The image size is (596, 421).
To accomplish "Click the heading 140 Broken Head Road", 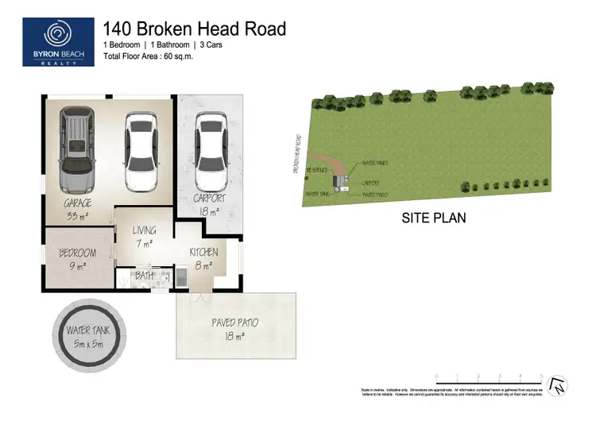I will pyautogui.click(x=194, y=30).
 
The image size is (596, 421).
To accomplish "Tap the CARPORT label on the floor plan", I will pyautogui.click(x=209, y=198).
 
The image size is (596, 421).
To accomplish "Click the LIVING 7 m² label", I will pyautogui.click(x=144, y=235).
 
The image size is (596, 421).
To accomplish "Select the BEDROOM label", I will pyautogui.click(x=78, y=253).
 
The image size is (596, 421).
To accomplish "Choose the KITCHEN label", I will pyautogui.click(x=203, y=253).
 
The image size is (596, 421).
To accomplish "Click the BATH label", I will pyautogui.click(x=144, y=276).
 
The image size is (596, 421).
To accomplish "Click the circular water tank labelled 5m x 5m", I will pyautogui.click(x=87, y=334).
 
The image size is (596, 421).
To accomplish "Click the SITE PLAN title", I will pyautogui.click(x=433, y=217).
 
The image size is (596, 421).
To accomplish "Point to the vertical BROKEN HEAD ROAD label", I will pyautogui.click(x=294, y=154).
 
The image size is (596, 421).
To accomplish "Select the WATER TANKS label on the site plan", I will pyautogui.click(x=374, y=163).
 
